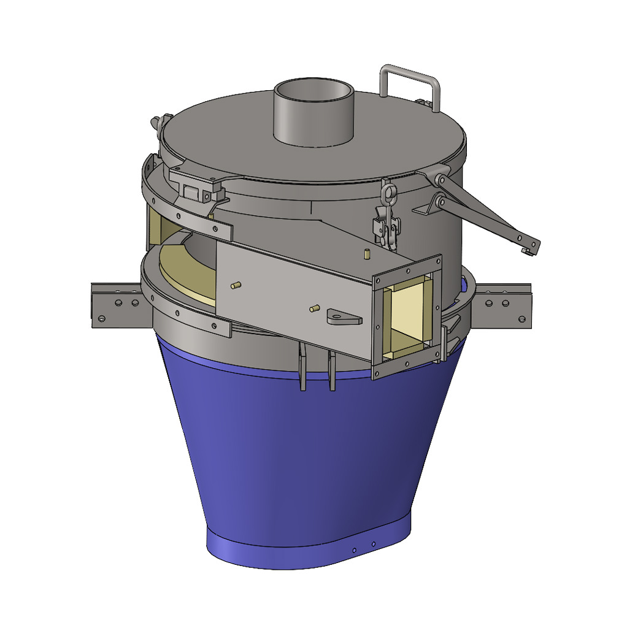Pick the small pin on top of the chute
click(x=366, y=253)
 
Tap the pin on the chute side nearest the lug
click(x=315, y=308)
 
